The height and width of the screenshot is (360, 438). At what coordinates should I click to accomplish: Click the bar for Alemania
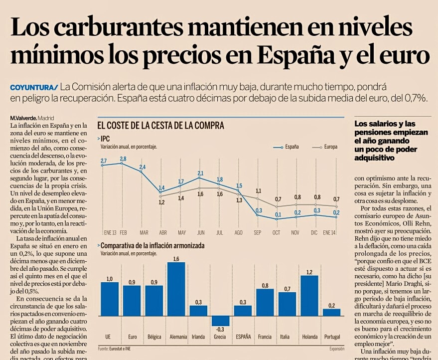click(x=176, y=289)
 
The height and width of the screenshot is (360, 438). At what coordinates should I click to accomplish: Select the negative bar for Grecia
click(x=221, y=321)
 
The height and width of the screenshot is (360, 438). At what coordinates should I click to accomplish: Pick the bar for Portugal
click(x=332, y=312)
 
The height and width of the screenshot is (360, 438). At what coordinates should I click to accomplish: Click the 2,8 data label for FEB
click(x=123, y=159)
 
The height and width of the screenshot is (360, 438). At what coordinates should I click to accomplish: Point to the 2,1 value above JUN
click(x=200, y=173)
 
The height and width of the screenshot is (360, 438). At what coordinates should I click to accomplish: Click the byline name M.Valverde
click(x=23, y=118)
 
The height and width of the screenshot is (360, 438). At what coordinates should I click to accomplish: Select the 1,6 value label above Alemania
click(x=176, y=259)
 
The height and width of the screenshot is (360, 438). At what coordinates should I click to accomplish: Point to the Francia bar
click(x=265, y=302)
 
